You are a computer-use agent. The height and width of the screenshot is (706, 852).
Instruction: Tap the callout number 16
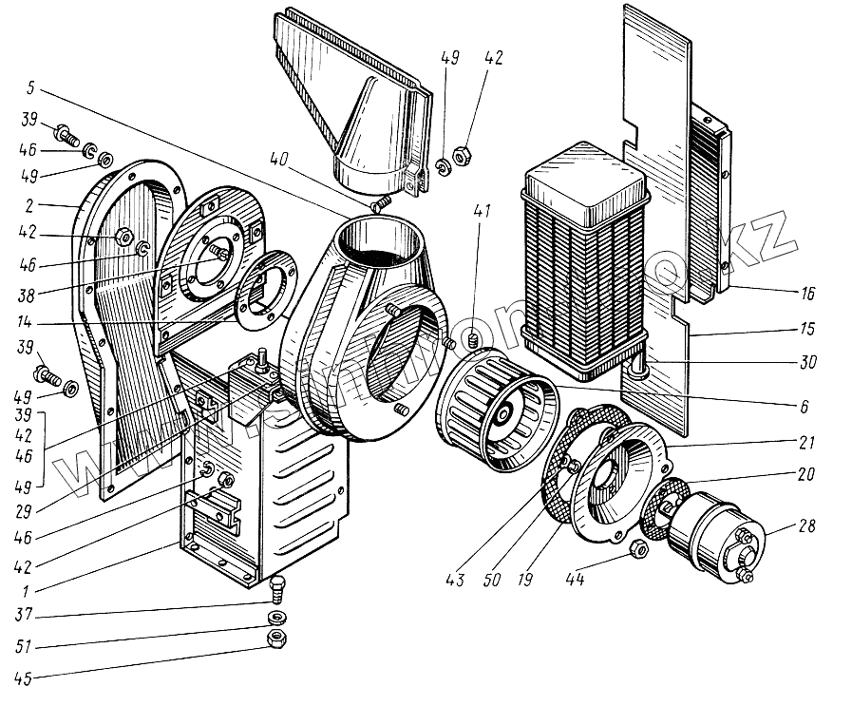(808, 294)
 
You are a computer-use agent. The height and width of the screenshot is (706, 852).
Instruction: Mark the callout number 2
(31, 204)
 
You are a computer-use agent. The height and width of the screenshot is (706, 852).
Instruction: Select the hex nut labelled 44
(638, 549)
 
